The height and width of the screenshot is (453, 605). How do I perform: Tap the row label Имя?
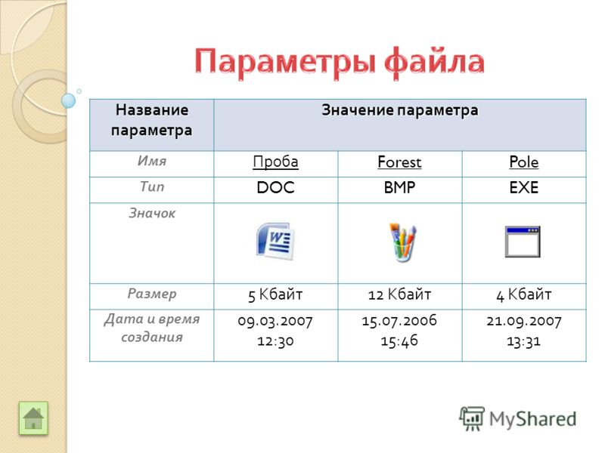[152, 161]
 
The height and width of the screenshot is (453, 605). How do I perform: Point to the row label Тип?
[152, 186]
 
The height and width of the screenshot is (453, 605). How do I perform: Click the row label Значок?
[152, 213]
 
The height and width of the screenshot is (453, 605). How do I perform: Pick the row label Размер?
[152, 294]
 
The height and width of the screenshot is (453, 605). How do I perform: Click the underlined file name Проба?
[275, 162]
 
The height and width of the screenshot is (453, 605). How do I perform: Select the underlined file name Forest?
[399, 162]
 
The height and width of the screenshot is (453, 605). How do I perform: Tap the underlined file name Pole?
[523, 162]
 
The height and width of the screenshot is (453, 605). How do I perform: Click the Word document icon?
[275, 241]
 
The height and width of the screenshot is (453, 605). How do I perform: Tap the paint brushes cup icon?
[402, 242]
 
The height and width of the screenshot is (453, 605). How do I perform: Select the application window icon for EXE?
[523, 242]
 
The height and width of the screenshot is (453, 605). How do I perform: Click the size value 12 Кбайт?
[399, 294]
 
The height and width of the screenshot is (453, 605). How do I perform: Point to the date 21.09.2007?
[523, 320]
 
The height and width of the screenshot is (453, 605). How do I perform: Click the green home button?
[33, 418]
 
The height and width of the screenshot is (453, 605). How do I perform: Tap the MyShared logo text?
[533, 419]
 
